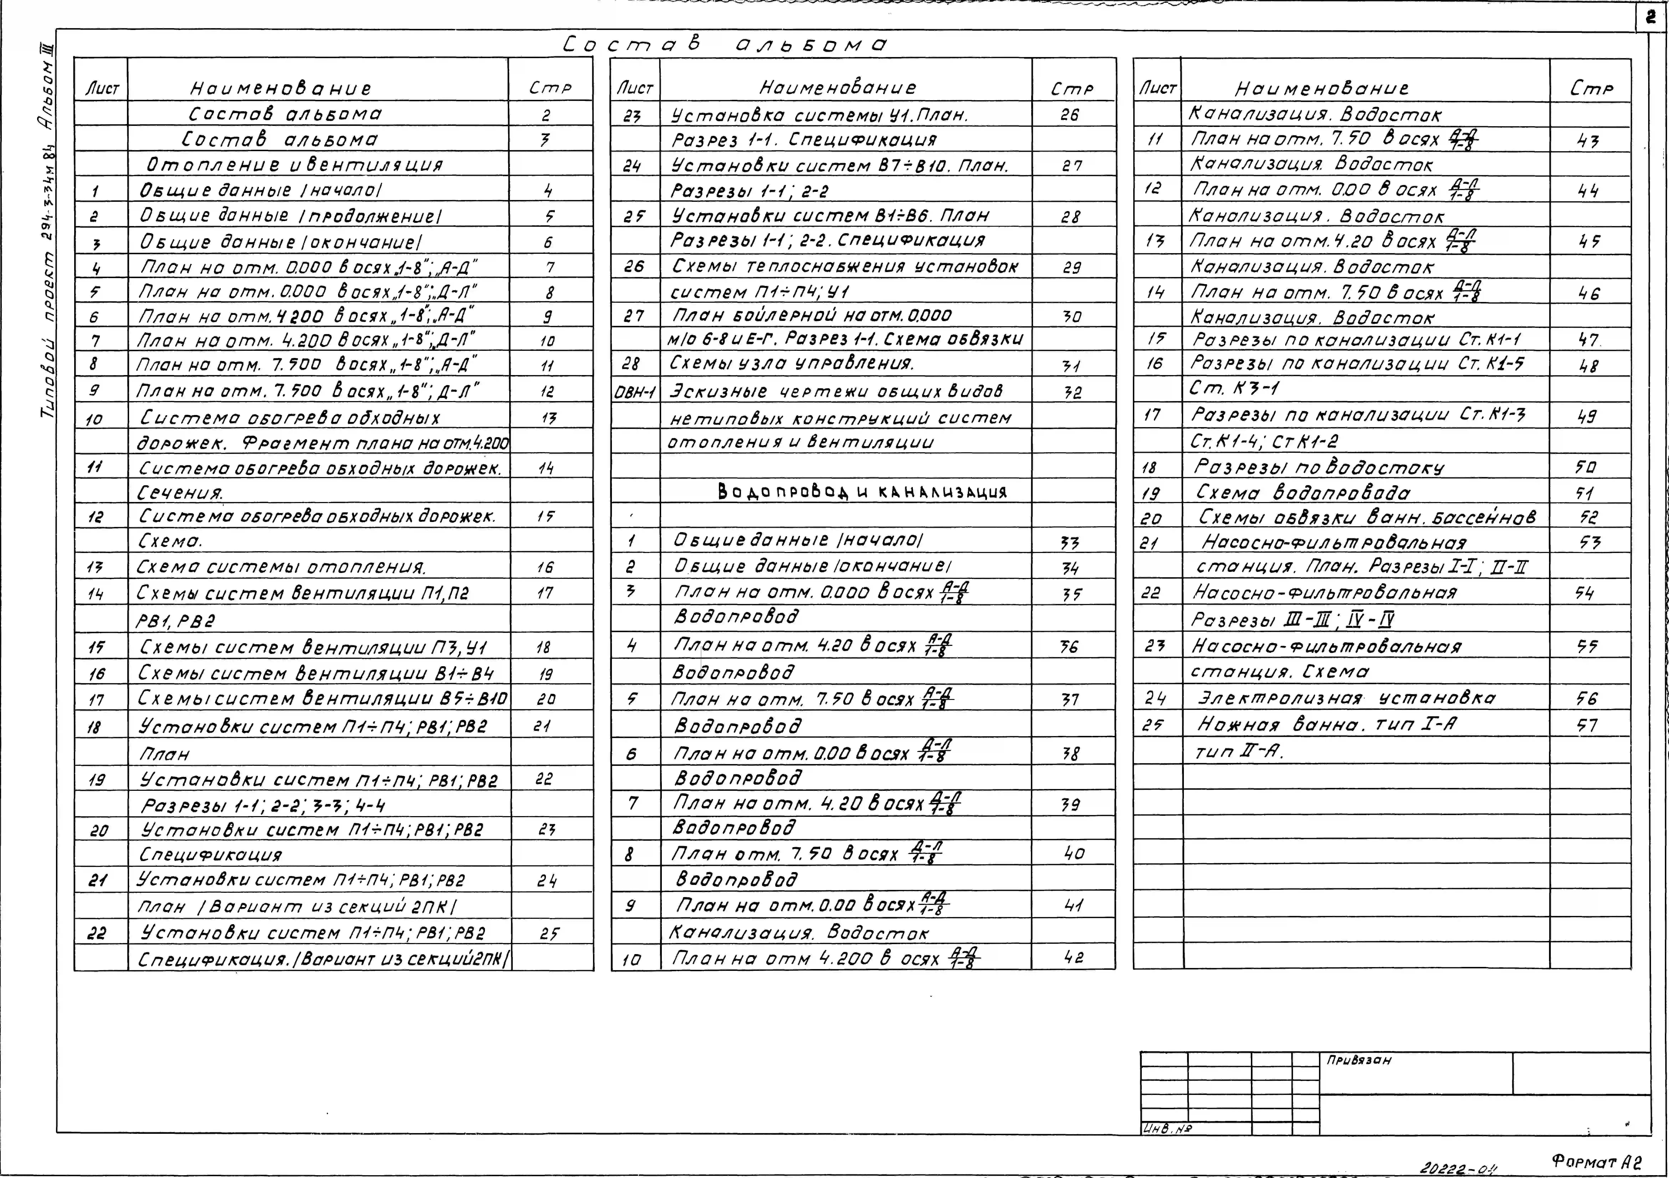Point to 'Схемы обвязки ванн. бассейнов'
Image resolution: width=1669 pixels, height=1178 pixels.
click(x=1367, y=517)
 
